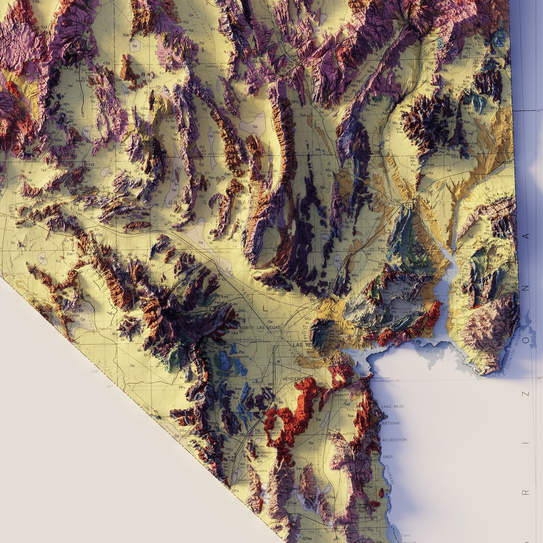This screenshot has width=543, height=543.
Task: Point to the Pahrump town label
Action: pos(106,329)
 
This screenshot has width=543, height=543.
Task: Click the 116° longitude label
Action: pos(95,371)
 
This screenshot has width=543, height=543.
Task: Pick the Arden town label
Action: pos(256,382)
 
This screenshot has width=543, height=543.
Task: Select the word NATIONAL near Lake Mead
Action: pos(391,423)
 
